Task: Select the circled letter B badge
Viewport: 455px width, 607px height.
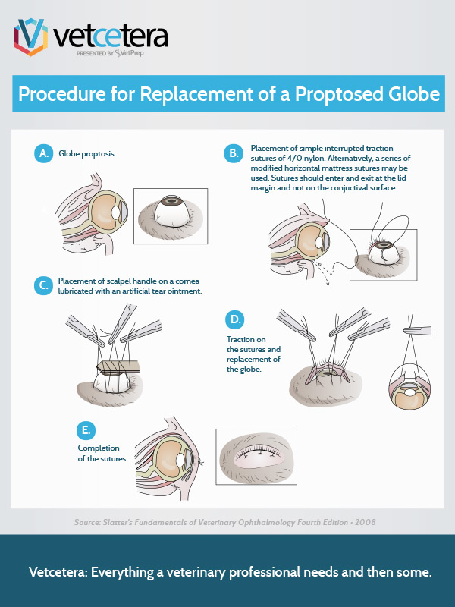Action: coord(233,153)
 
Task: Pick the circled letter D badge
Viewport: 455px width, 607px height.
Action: coord(236,318)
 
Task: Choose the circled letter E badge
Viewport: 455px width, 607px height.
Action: coord(86,430)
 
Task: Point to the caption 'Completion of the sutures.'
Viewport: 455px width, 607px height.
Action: coord(102,453)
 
